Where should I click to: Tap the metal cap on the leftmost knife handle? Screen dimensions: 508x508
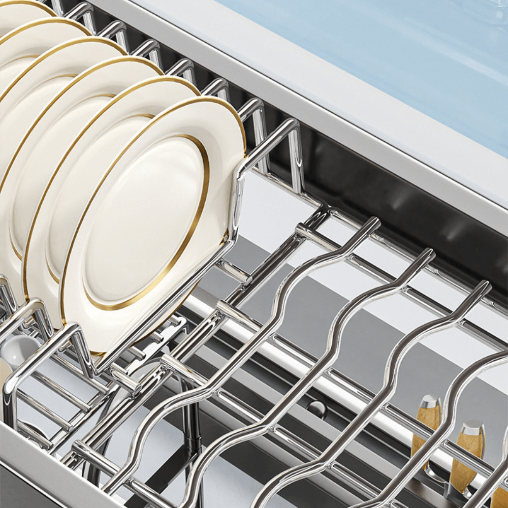point(429,402)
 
